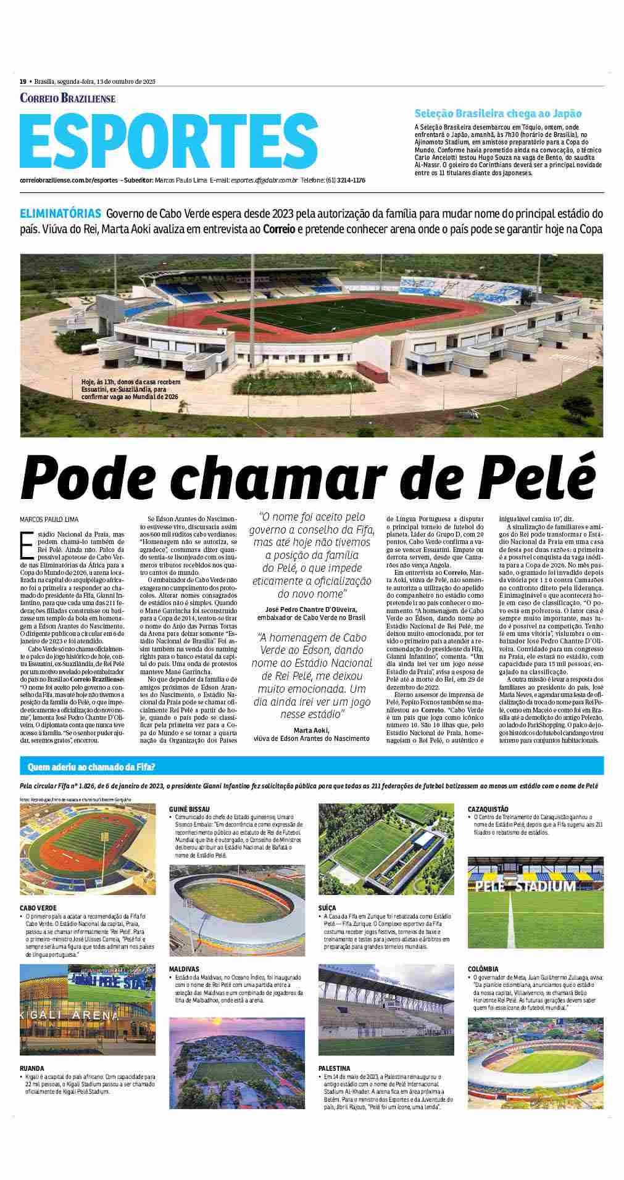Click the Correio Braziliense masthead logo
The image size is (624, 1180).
coord(68,98)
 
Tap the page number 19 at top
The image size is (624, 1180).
coord(23,81)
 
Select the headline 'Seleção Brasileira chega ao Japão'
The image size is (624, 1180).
coord(498,113)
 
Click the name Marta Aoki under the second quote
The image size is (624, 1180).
coord(312,730)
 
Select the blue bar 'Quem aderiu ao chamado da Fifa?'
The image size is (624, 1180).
coord(91,767)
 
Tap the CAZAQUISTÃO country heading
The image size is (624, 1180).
coord(488,808)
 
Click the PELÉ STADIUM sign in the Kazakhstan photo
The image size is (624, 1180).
coord(525,886)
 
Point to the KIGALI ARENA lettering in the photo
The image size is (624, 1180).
coord(68,1015)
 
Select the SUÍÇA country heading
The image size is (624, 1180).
coord(327,908)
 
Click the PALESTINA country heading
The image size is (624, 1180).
coord(335,1068)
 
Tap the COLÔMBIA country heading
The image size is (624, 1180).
coord(483,986)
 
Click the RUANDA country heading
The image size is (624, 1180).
coord(32,1068)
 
